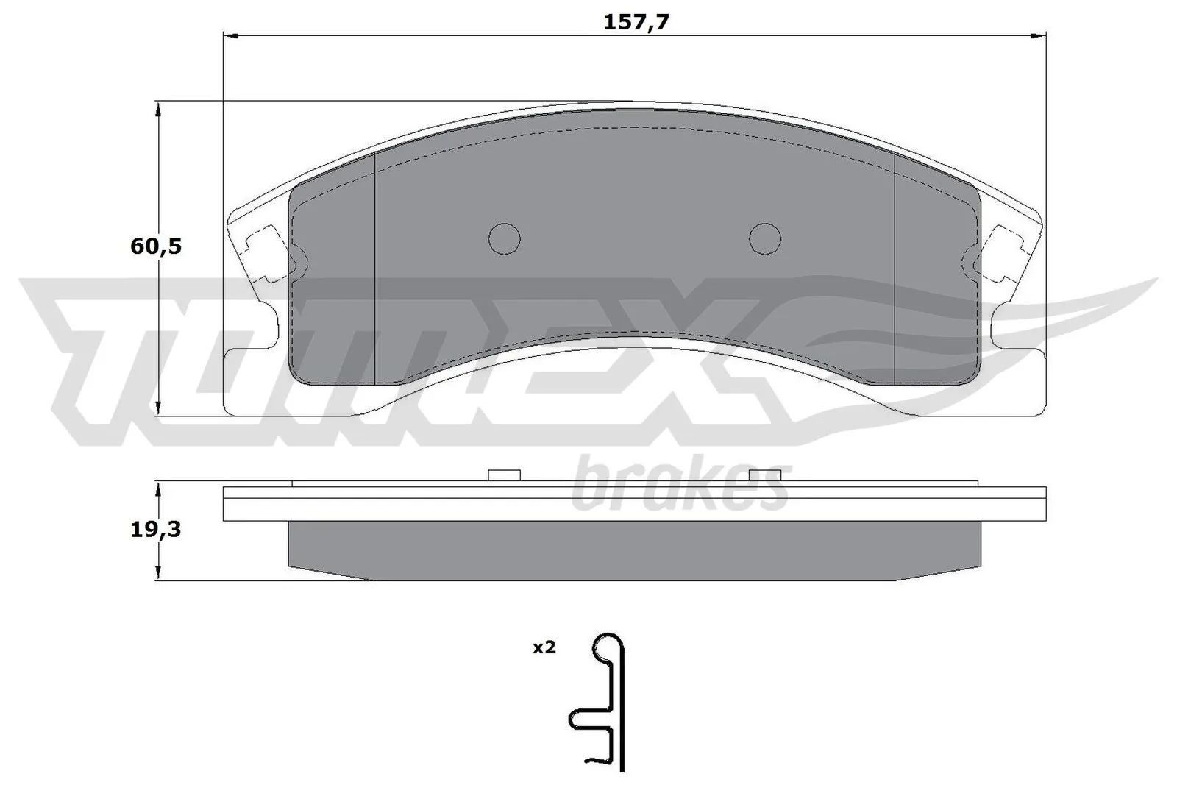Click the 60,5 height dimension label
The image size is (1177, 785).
[x=155, y=246]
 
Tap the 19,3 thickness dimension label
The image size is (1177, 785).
[x=155, y=529]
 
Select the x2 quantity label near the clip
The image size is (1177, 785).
[x=544, y=648]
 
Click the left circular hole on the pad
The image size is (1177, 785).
[x=505, y=238]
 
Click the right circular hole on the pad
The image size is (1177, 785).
[x=764, y=238]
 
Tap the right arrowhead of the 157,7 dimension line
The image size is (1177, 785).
[x=1039, y=35]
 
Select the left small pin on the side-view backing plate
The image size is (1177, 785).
[x=505, y=475]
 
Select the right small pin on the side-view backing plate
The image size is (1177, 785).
[x=764, y=475]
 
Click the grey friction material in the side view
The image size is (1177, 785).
[x=633, y=550]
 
